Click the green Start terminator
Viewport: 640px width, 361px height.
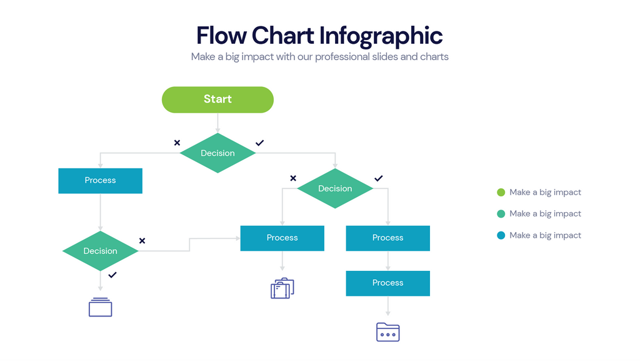pyautogui.click(x=217, y=99)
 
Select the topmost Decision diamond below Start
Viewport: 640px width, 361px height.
pyautogui.click(x=217, y=153)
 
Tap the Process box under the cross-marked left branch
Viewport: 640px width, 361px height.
pyautogui.click(x=100, y=180)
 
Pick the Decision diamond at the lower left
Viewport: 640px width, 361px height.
pyautogui.click(x=100, y=251)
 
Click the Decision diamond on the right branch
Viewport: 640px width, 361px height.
pyautogui.click(x=335, y=188)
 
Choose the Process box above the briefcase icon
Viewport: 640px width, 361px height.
pyautogui.click(x=282, y=238)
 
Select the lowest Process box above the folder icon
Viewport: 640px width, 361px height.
pyautogui.click(x=387, y=283)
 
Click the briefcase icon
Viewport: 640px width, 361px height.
pyautogui.click(x=282, y=288)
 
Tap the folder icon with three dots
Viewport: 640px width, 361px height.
pyautogui.click(x=387, y=332)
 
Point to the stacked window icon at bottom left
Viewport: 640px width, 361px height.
pyautogui.click(x=100, y=307)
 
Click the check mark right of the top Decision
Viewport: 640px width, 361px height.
pyautogui.click(x=260, y=143)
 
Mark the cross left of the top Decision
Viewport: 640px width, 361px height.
pyautogui.click(x=177, y=143)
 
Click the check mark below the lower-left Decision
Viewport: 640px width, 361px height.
pyautogui.click(x=112, y=275)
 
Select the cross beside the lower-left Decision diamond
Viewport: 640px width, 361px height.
pyautogui.click(x=142, y=241)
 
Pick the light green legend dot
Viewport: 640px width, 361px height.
pyautogui.click(x=501, y=192)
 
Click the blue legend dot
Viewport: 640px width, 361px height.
pyautogui.click(x=501, y=235)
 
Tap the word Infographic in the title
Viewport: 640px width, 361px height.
pyautogui.click(x=381, y=36)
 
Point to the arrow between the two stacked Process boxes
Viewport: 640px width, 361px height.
pyautogui.click(x=387, y=261)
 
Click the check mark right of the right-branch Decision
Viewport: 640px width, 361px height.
pyautogui.click(x=378, y=179)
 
